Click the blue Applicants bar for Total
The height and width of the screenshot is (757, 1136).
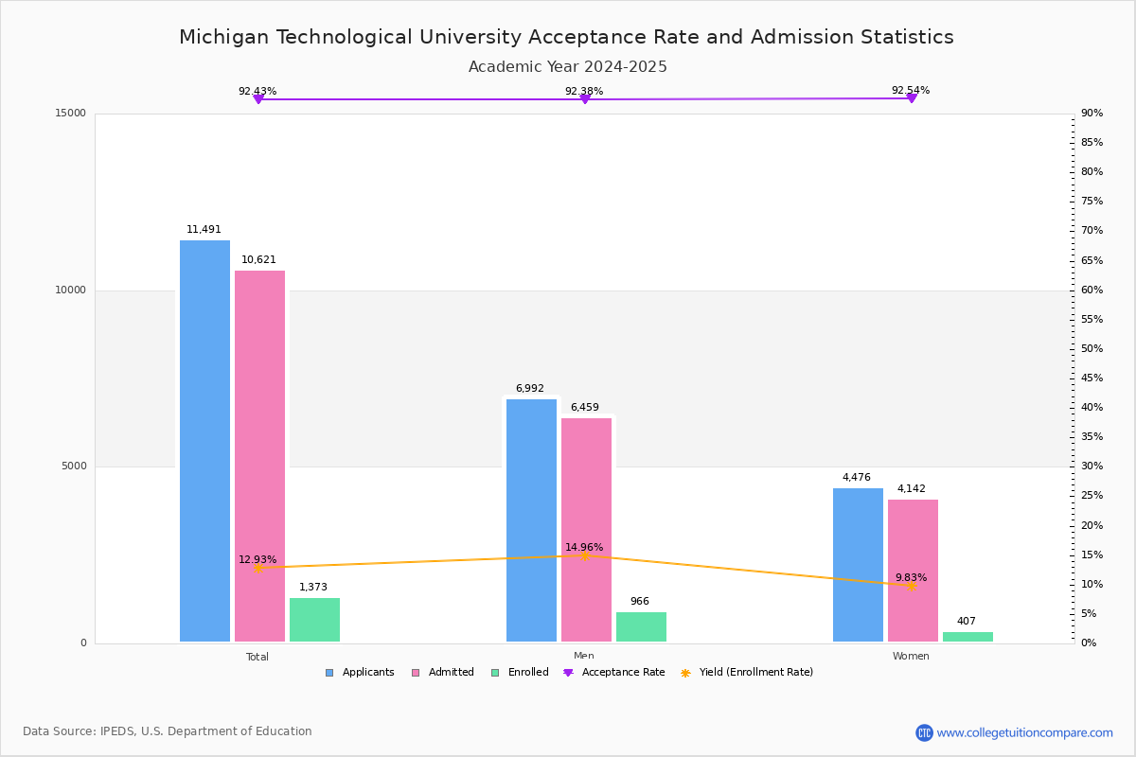click(x=204, y=441)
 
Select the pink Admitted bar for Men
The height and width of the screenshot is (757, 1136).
click(x=586, y=530)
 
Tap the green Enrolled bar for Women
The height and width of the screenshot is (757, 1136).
click(x=967, y=637)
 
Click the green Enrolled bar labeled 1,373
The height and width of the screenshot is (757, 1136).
click(x=314, y=620)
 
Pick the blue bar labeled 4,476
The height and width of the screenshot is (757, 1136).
click(x=858, y=565)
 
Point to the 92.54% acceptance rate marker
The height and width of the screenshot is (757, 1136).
click(x=911, y=98)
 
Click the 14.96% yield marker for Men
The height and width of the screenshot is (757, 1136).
click(x=584, y=555)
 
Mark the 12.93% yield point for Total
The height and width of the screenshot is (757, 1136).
click(x=257, y=568)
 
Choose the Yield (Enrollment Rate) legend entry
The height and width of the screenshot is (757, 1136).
click(x=747, y=673)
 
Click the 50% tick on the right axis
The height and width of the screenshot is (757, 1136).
click(x=1092, y=349)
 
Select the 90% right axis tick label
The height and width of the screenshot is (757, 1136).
click(x=1092, y=114)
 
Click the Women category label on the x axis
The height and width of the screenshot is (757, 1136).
click(x=911, y=657)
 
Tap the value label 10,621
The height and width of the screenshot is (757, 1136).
click(x=258, y=260)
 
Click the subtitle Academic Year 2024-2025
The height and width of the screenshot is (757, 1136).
click(x=568, y=67)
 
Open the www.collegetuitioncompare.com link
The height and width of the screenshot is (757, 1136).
click(x=1024, y=732)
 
